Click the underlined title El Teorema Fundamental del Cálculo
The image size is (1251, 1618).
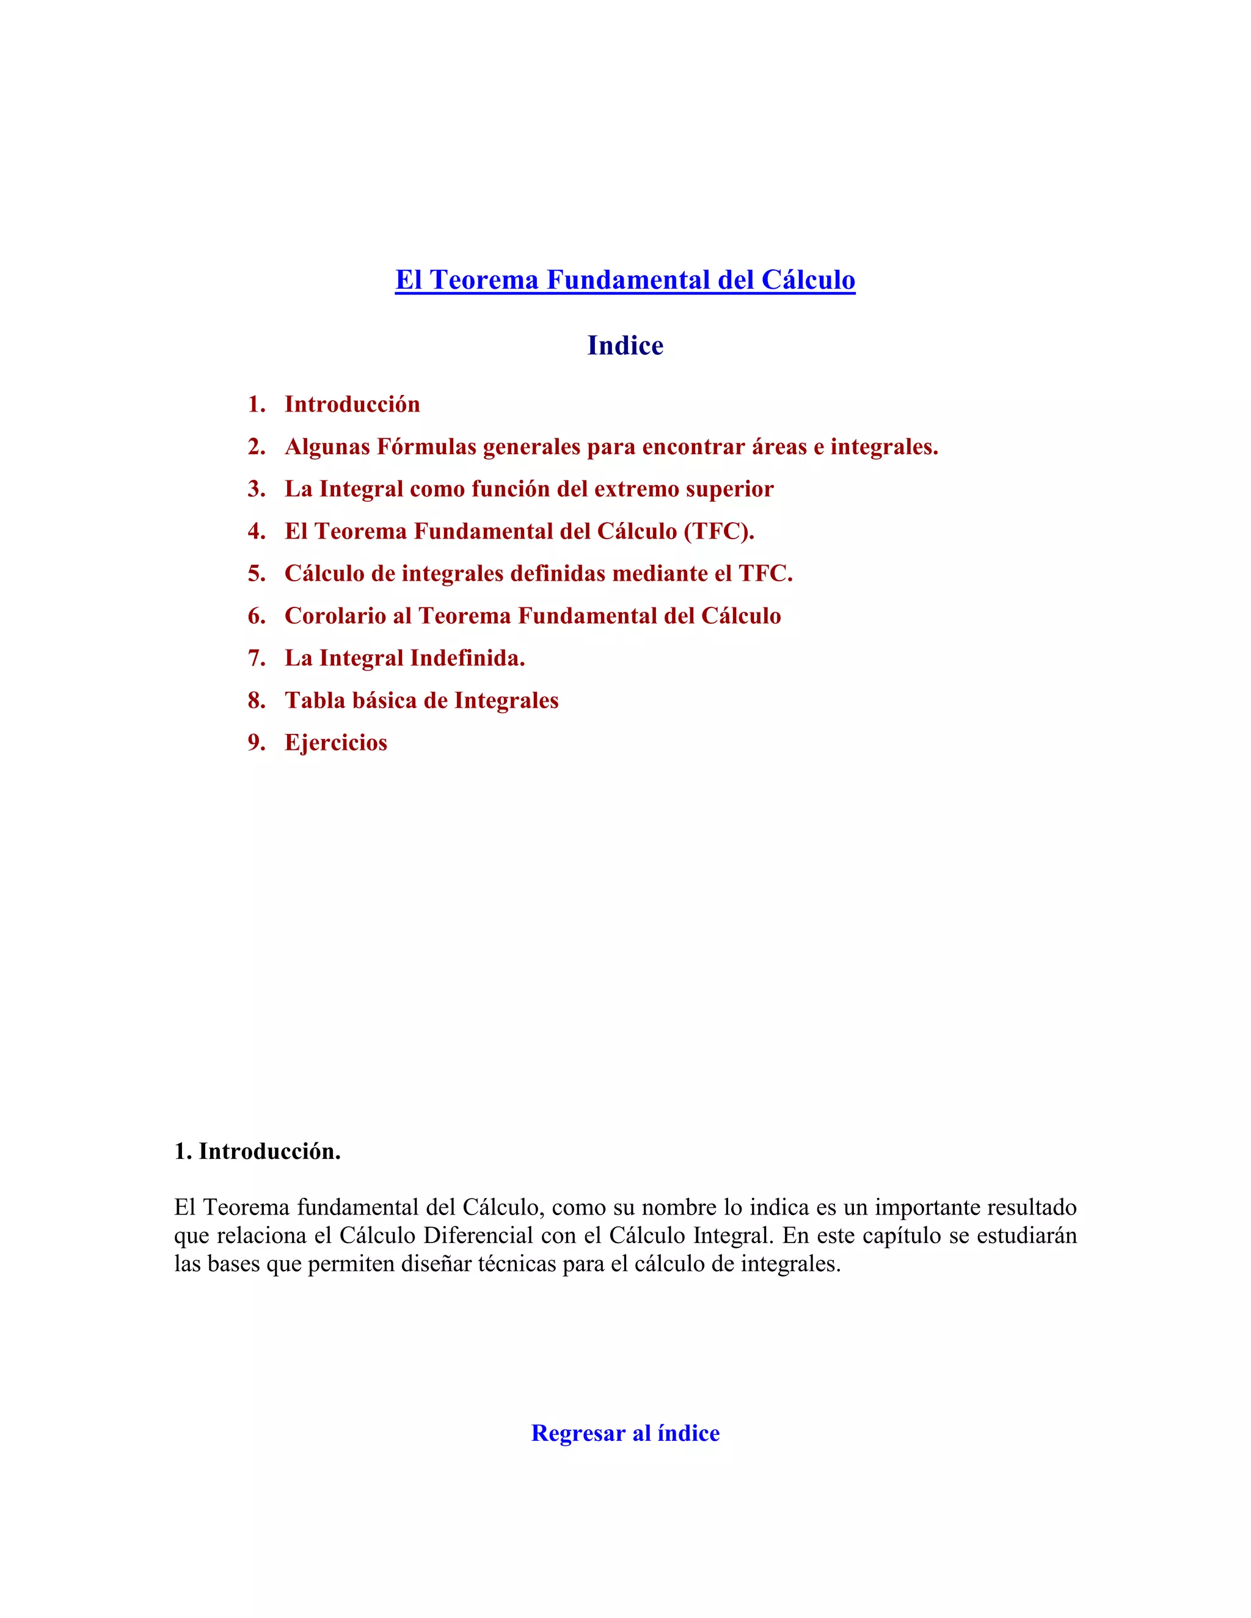(625, 280)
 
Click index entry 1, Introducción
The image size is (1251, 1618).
(352, 404)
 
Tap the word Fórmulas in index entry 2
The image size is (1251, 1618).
(426, 447)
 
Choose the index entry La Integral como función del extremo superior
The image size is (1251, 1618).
(529, 489)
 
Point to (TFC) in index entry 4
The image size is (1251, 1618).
(718, 531)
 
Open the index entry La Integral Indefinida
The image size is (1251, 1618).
(404, 658)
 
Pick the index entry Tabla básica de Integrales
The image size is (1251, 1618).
(421, 700)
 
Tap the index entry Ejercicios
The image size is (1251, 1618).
(336, 742)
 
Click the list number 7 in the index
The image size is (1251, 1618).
(256, 658)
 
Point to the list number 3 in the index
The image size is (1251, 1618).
(256, 489)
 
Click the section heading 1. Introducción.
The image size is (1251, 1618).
(257, 1152)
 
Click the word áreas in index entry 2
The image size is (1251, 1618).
(779, 447)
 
